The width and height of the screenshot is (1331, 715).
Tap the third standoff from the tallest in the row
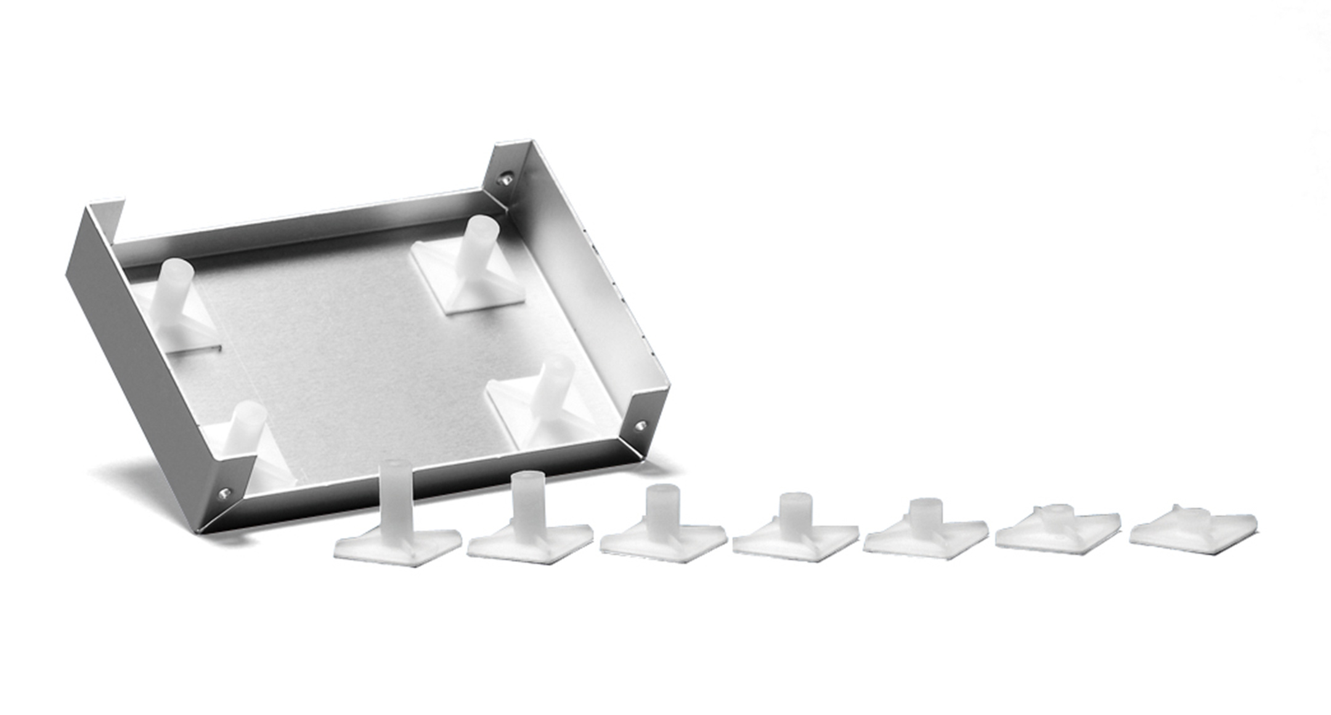pos(661,527)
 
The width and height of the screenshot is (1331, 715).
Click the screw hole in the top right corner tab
pos(506,179)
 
